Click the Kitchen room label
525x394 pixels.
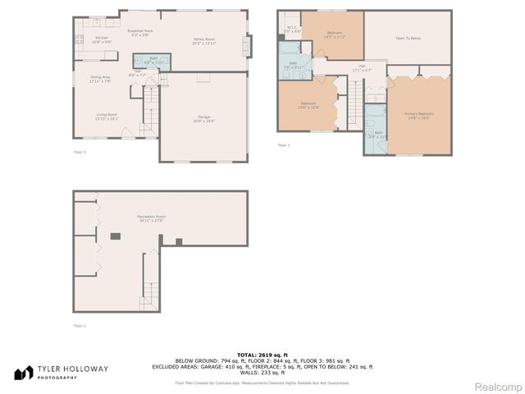101,38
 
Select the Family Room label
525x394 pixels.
203,39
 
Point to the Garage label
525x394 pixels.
204,117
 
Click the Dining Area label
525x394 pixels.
101,77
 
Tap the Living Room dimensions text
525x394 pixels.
107,119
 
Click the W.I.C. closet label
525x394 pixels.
293,28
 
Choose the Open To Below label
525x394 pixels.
408,38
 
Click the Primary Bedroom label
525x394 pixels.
418,114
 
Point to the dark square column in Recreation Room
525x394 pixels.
116,236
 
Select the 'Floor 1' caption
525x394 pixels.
80,326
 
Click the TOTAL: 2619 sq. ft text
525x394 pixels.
262,353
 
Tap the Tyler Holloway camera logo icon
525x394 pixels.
24,373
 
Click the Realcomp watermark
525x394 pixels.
497,386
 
